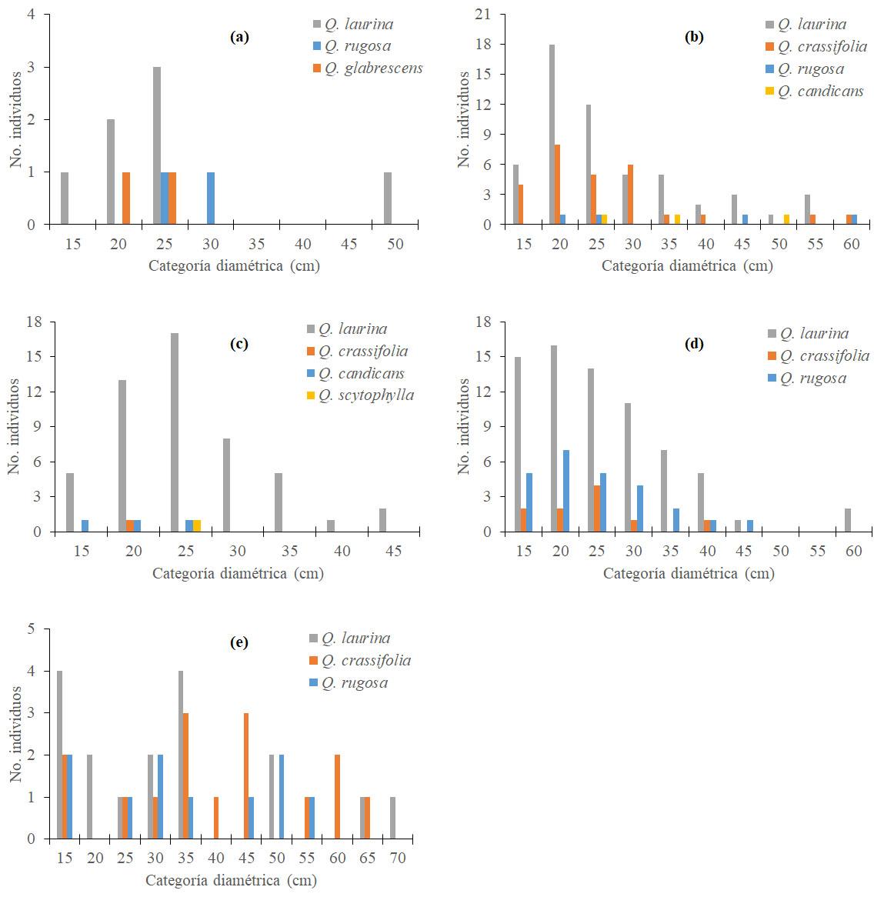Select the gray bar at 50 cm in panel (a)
(388, 198)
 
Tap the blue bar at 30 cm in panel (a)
(211, 198)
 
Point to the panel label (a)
(239, 36)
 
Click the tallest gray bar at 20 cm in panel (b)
(552, 135)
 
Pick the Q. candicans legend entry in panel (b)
(820, 92)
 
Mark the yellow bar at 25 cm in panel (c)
(197, 526)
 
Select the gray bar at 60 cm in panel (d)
(848, 520)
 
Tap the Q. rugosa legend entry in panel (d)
(812, 378)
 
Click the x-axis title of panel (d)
(689, 573)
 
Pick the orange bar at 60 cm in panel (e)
(337, 797)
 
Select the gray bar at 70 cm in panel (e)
(392, 819)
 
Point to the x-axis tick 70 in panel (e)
(397, 858)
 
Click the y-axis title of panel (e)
(15, 734)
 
